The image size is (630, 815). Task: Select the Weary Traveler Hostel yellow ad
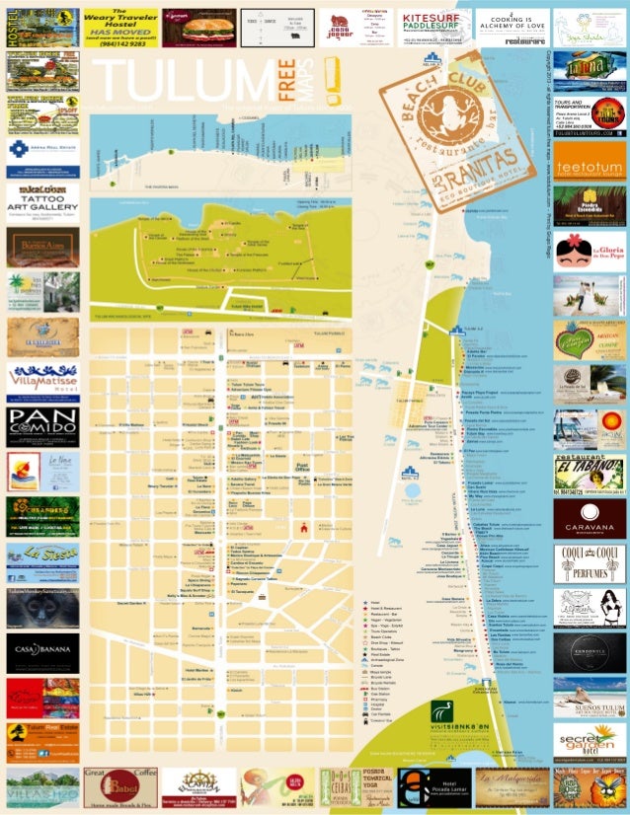(x=119, y=28)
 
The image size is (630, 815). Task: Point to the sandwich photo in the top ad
(x=197, y=28)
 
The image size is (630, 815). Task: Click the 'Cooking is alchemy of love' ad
(x=512, y=28)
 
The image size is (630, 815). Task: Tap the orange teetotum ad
(x=590, y=164)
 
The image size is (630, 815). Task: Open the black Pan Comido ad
(x=42, y=426)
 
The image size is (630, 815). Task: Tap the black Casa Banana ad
(x=42, y=651)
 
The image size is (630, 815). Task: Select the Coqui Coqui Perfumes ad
(x=590, y=563)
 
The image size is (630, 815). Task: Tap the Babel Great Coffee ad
(x=119, y=787)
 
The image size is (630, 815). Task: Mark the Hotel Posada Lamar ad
(x=434, y=787)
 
